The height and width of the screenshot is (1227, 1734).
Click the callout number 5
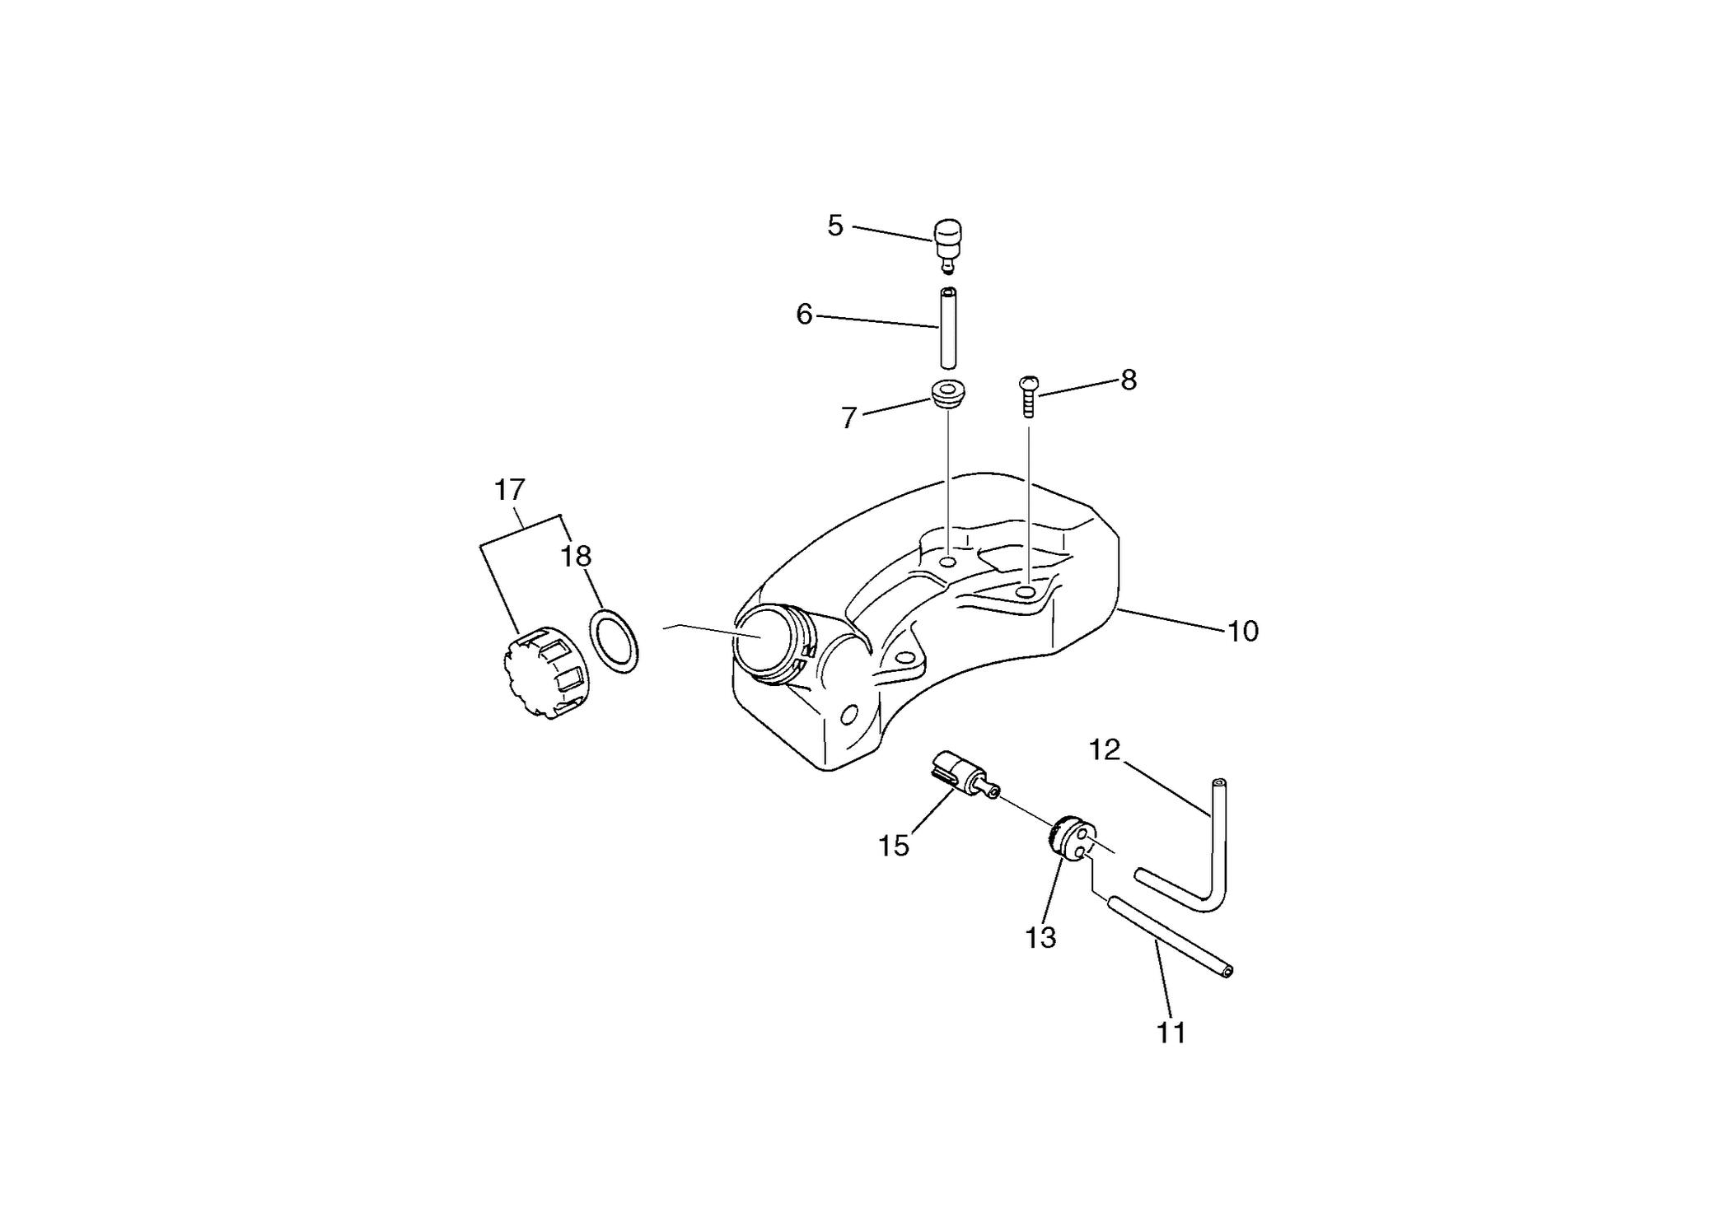[x=835, y=226]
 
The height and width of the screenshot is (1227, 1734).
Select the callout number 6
[x=804, y=315]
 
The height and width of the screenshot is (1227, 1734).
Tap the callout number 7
[x=849, y=418]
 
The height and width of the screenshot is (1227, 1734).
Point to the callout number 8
[x=1129, y=380]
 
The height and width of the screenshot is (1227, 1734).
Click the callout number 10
[x=1243, y=632]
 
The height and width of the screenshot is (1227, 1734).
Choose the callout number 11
[x=1171, y=1033]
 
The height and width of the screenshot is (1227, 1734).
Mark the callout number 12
[x=1105, y=750]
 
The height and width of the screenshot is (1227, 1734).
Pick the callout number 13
[x=1040, y=937]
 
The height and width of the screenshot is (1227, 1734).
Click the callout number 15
[x=894, y=846]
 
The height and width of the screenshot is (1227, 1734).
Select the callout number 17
[x=509, y=490]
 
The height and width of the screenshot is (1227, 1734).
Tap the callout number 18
[x=576, y=557]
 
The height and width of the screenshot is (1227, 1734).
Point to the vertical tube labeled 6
[x=948, y=328]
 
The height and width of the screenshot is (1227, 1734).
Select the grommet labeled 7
[x=948, y=393]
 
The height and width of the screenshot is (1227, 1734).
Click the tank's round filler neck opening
[x=763, y=640]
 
